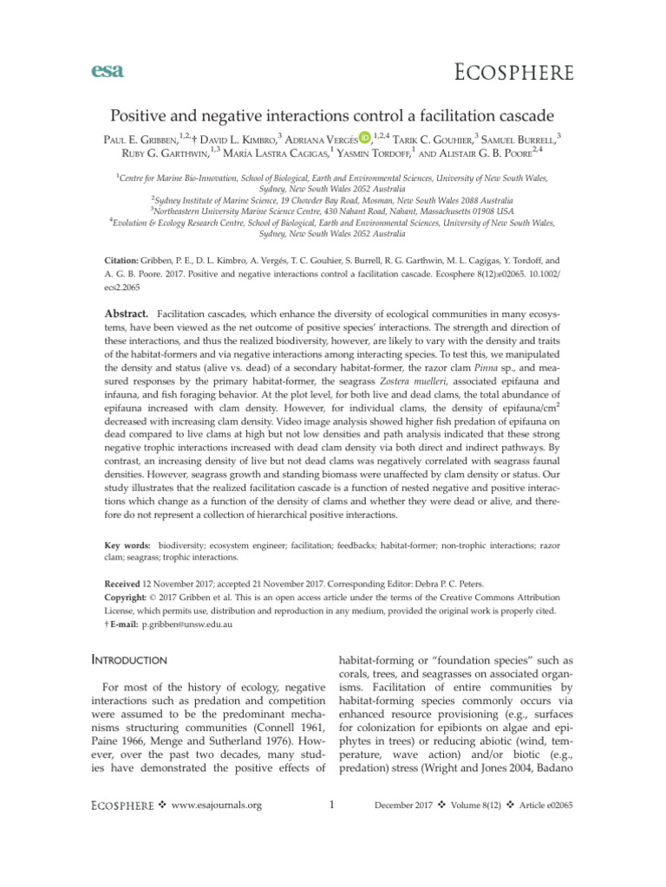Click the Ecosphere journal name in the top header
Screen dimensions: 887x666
pos(515,72)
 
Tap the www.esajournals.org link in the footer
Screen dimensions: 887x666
pos(219,806)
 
